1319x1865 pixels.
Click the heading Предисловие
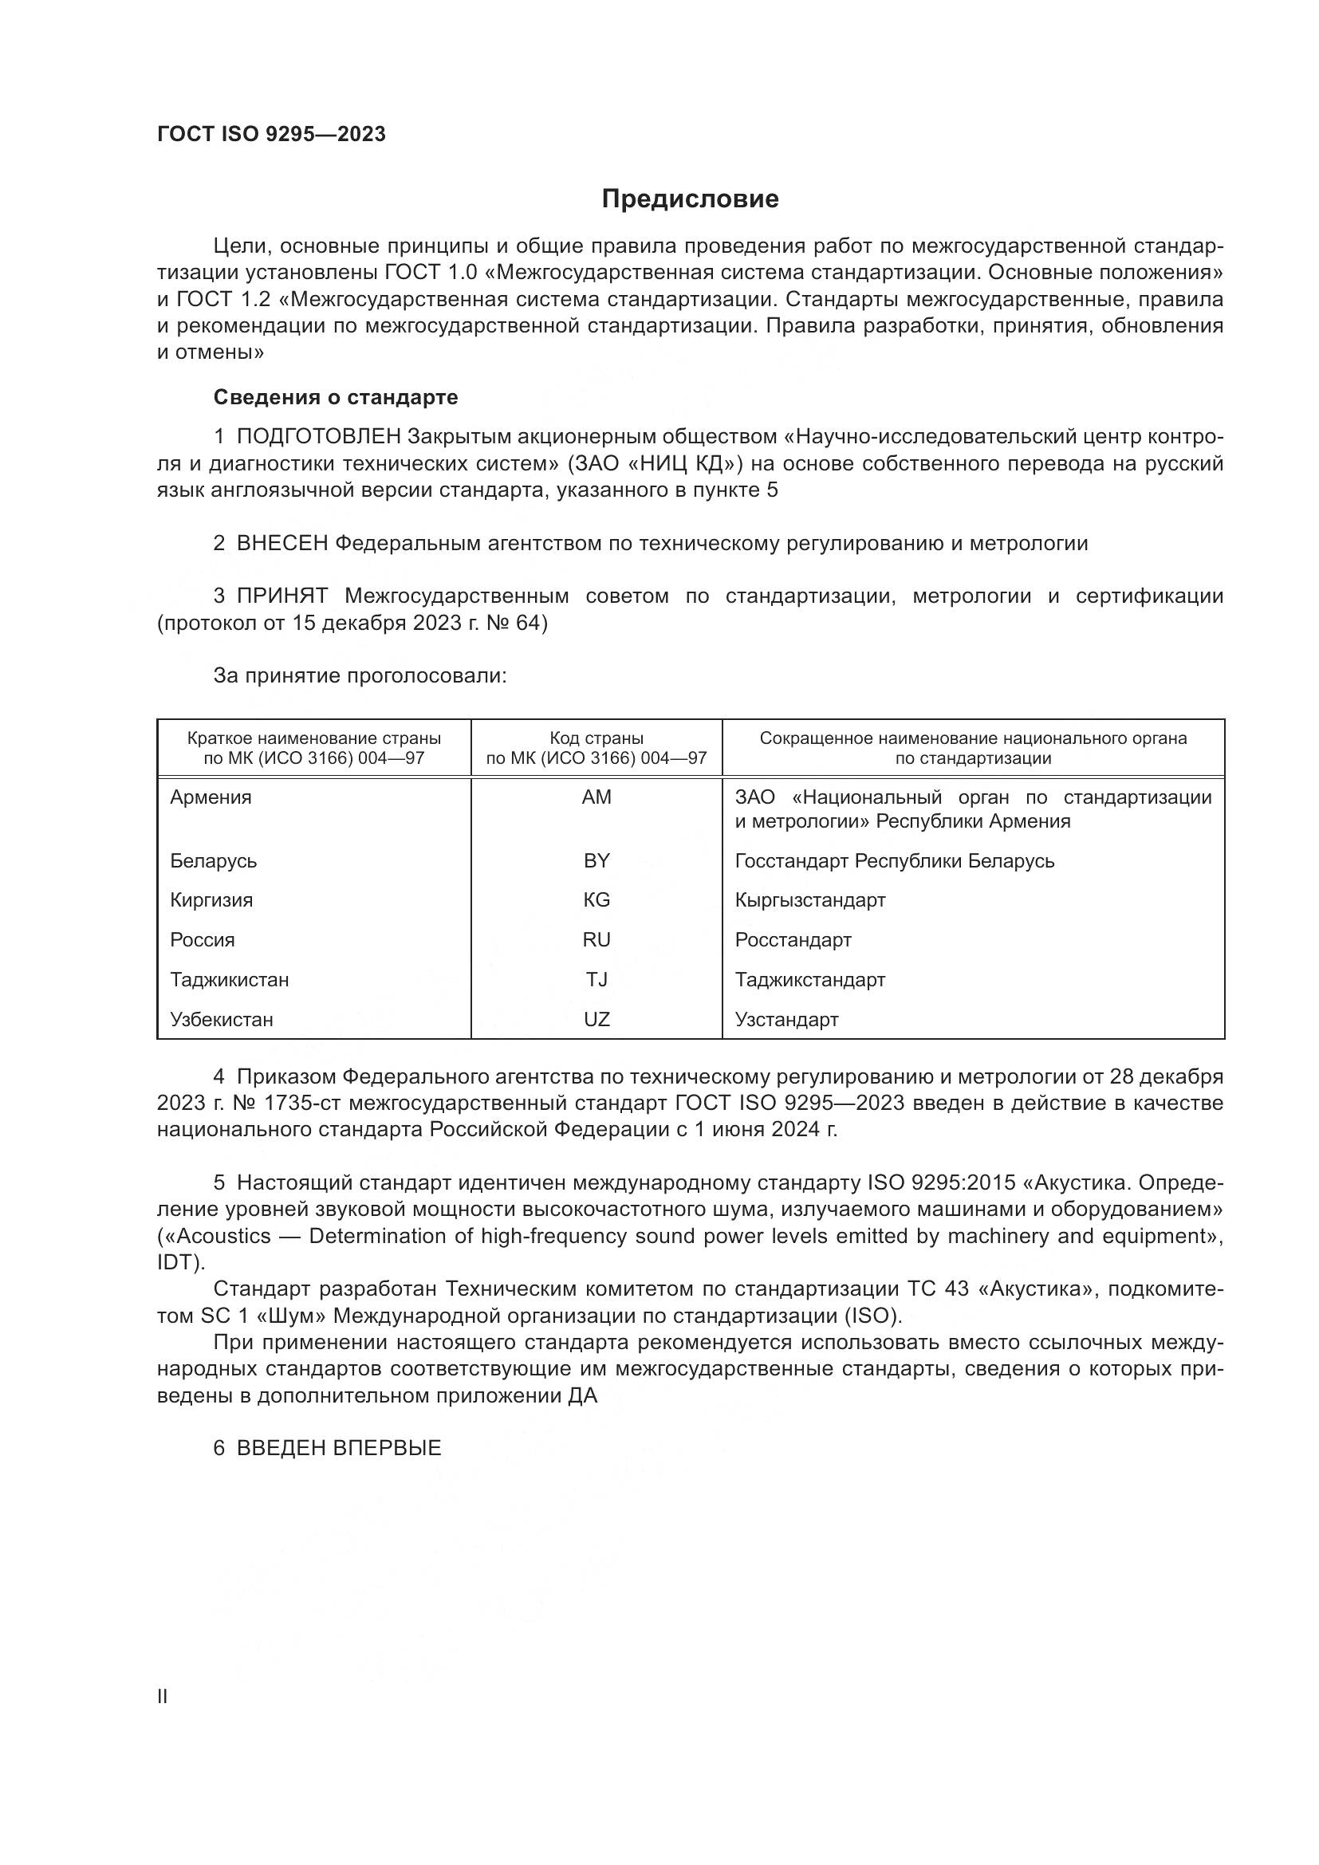pyautogui.click(x=690, y=199)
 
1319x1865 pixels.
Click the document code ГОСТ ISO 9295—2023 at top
pyautogui.click(x=271, y=135)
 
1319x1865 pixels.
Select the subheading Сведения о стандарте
pyautogui.click(x=336, y=397)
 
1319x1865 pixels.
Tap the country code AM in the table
pyautogui.click(x=597, y=797)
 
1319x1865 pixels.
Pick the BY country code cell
pyautogui.click(x=597, y=861)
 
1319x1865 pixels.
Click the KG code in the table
pyautogui.click(x=597, y=900)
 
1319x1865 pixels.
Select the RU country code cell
pyautogui.click(x=597, y=940)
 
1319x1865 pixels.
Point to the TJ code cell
pyautogui.click(x=597, y=980)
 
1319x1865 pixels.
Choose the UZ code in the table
pyautogui.click(x=597, y=1020)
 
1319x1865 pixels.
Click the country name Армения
pyautogui.click(x=211, y=797)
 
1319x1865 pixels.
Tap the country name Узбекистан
pyautogui.click(x=222, y=1020)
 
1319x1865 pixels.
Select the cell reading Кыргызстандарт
pyautogui.click(x=809, y=900)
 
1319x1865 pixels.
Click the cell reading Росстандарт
pyautogui.click(x=793, y=940)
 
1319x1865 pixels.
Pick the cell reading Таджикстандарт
pyautogui.click(x=809, y=980)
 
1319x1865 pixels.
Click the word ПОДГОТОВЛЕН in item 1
pyautogui.click(x=318, y=437)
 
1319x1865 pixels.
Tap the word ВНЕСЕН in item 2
pyautogui.click(x=282, y=544)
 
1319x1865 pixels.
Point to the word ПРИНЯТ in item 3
pyautogui.click(x=282, y=596)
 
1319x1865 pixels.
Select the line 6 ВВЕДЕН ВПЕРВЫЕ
pyautogui.click(x=327, y=1448)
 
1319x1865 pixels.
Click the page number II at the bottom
pyautogui.click(x=163, y=1697)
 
